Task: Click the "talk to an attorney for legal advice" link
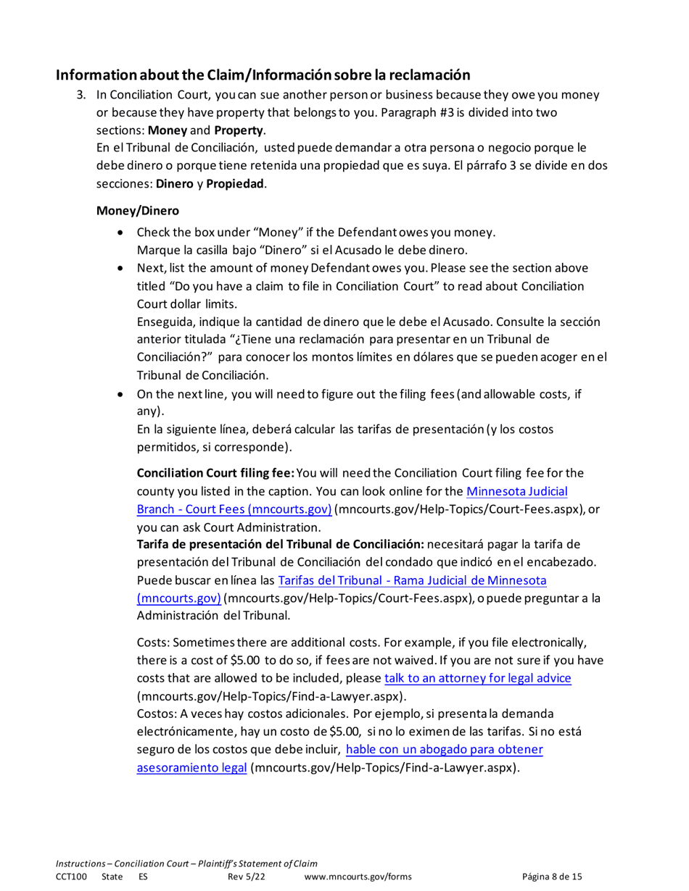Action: point(478,679)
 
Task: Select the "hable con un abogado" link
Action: point(445,749)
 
